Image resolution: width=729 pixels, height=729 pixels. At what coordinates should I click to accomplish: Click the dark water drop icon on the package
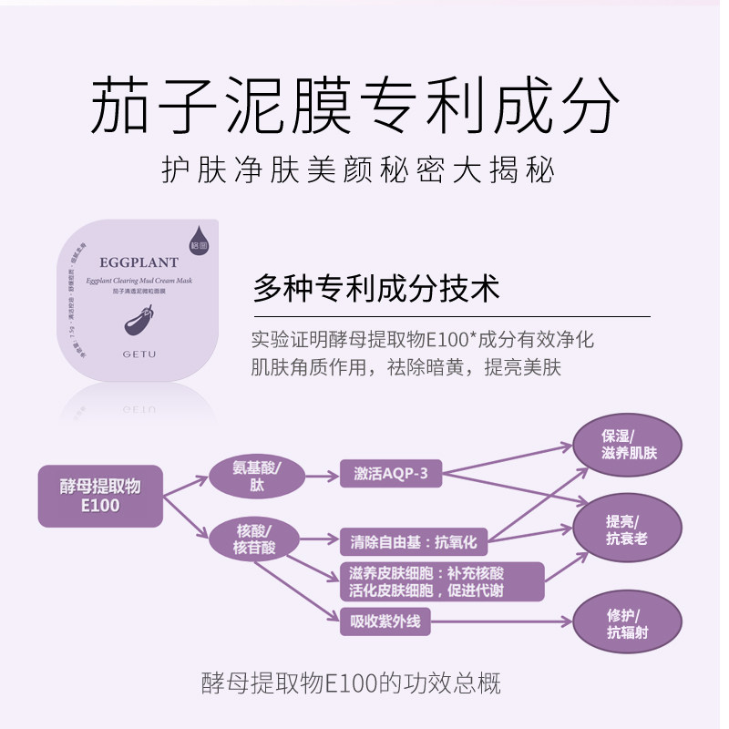pyautogui.click(x=200, y=239)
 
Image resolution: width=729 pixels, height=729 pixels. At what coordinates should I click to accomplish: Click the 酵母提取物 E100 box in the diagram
pyautogui.click(x=100, y=495)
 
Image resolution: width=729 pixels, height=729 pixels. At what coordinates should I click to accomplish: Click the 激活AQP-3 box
pyautogui.click(x=389, y=475)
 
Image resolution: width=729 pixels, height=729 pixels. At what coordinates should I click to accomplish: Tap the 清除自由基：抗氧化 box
pyautogui.click(x=413, y=542)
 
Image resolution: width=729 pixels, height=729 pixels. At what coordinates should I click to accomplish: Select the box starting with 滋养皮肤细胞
pyautogui.click(x=441, y=581)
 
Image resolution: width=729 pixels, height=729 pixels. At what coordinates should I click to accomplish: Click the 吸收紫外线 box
pyautogui.click(x=378, y=623)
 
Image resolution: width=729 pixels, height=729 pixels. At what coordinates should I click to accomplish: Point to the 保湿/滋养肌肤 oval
pyautogui.click(x=627, y=444)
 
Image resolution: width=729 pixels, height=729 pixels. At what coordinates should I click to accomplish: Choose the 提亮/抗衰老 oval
pyautogui.click(x=627, y=529)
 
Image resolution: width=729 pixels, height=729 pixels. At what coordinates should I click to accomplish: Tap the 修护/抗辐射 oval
pyautogui.click(x=627, y=624)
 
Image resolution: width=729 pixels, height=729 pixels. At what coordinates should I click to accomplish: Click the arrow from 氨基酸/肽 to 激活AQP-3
pyautogui.click(x=317, y=476)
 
